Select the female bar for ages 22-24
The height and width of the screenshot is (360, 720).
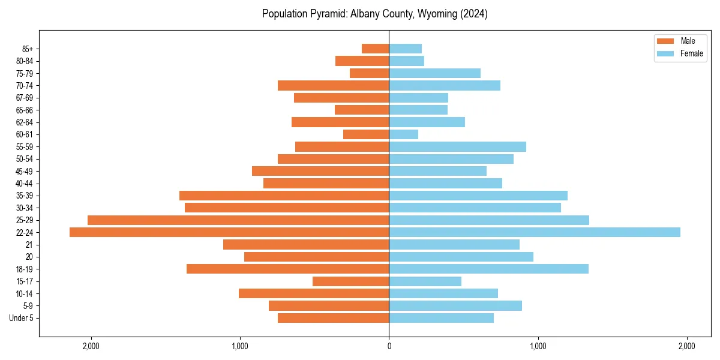[x=535, y=232]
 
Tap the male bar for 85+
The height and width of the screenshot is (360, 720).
[x=375, y=49]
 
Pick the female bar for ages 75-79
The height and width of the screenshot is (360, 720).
[x=435, y=73]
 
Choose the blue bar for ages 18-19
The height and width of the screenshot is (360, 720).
[x=489, y=269]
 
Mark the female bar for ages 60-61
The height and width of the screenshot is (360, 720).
[x=404, y=134]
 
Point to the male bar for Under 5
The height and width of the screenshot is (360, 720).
[x=333, y=318]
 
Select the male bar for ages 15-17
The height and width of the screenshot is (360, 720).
[x=350, y=281]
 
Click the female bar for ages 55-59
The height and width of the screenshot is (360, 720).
[x=458, y=146]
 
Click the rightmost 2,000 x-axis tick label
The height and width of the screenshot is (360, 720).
[x=686, y=346]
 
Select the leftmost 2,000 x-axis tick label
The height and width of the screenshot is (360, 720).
[x=91, y=346]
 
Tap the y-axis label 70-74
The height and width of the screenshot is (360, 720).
[x=25, y=85]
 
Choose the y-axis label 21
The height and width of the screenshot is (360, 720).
[x=29, y=245]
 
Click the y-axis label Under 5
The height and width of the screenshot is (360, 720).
[x=21, y=318]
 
